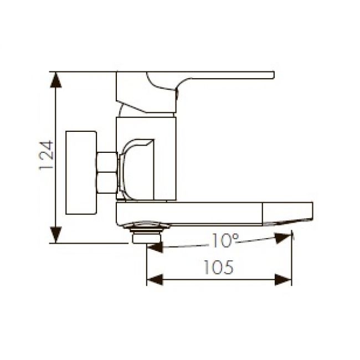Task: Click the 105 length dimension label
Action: (219, 268)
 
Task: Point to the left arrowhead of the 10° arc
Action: (155, 247)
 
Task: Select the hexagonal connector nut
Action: (106, 172)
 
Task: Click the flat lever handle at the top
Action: (222, 75)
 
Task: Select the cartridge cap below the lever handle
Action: (147, 107)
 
